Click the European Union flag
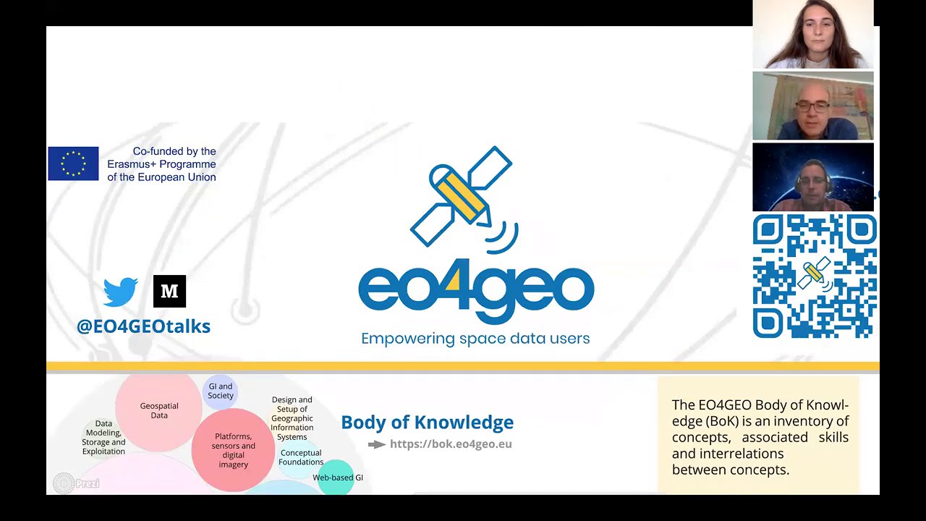tap(73, 164)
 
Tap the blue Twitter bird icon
tap(120, 291)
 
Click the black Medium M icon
tap(169, 291)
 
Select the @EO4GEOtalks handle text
tap(143, 326)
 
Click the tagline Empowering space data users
tap(475, 339)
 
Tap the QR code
tap(814, 276)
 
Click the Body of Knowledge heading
tap(427, 423)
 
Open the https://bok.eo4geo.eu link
tap(451, 444)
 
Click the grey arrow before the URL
tap(377, 444)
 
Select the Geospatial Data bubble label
tap(159, 410)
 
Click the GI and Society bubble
tap(221, 391)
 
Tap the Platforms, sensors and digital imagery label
tap(233, 450)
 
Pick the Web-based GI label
tap(338, 478)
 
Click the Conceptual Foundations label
tap(301, 457)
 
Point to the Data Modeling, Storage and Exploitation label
tap(103, 438)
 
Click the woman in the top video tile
tap(812, 35)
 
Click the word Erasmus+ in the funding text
tap(132, 164)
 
